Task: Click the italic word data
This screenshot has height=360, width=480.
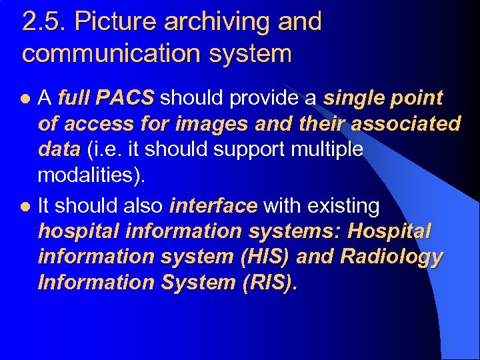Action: coord(59,149)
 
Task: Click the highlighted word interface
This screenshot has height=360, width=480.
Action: coord(213,206)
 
